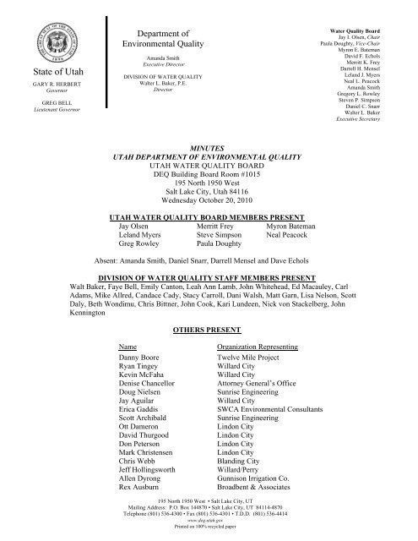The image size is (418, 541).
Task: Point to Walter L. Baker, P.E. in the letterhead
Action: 149,85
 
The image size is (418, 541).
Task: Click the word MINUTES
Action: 208,146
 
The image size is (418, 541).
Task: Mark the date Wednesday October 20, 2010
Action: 208,201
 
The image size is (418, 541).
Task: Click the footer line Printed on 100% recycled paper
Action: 208,533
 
